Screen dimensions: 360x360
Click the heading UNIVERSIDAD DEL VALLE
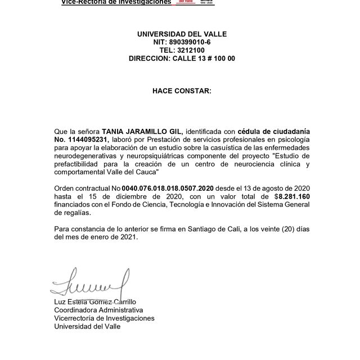coord(182,34)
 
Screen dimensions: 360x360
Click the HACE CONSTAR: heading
coord(182,90)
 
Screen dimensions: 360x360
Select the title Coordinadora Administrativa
coord(98,310)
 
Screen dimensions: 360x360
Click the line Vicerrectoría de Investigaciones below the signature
coord(104,318)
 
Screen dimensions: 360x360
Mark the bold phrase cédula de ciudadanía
coord(273,130)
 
